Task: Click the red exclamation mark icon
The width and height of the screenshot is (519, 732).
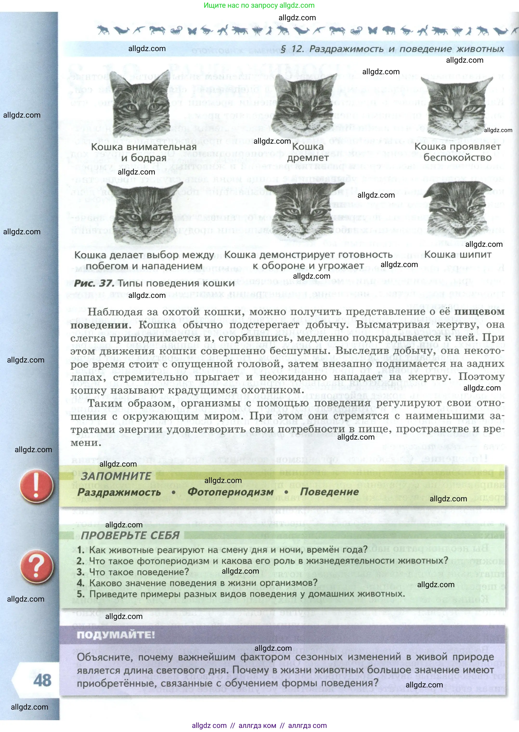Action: [36, 485]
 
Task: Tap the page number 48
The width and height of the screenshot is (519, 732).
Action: [42, 680]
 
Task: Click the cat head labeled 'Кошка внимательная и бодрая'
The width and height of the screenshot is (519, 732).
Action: [141, 104]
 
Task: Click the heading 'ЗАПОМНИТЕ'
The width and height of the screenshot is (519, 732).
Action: [116, 476]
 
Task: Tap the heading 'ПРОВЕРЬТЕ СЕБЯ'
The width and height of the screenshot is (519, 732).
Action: [130, 535]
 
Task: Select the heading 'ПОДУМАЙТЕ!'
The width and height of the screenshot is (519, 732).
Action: [116, 635]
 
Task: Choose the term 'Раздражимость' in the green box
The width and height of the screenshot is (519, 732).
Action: [119, 492]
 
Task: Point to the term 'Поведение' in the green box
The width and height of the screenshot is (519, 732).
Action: [330, 491]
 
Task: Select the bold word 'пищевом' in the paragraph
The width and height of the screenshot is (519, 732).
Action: [479, 312]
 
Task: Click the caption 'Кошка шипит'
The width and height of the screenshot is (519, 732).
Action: [458, 255]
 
